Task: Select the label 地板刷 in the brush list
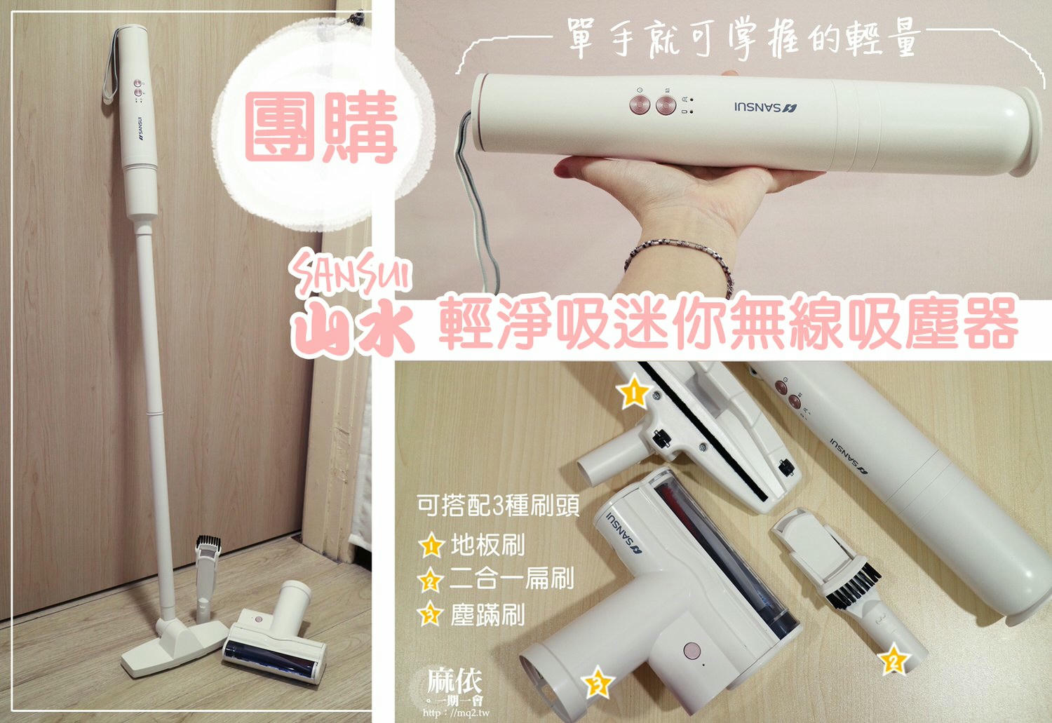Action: click(x=487, y=545)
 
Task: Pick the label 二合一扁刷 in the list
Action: click(x=511, y=579)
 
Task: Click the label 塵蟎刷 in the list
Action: click(x=487, y=616)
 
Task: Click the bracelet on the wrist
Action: click(x=677, y=253)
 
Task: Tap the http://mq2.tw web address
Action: click(x=456, y=712)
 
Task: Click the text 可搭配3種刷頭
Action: click(x=497, y=506)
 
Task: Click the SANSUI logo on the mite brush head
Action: click(x=625, y=533)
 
